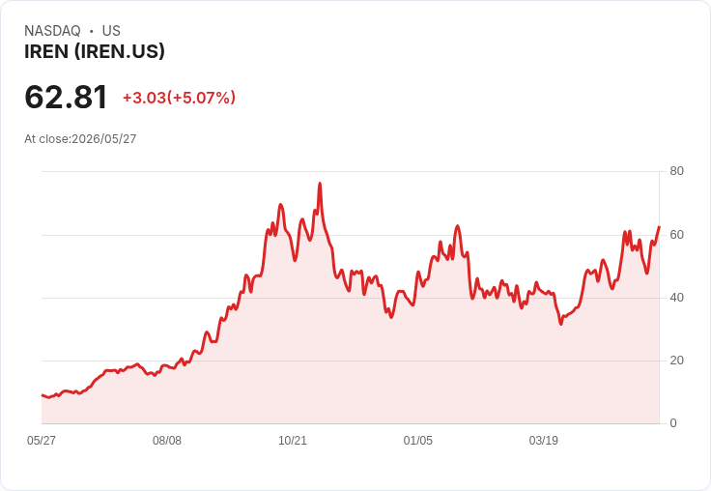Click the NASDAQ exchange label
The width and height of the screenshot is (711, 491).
click(52, 31)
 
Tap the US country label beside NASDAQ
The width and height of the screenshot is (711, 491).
click(111, 31)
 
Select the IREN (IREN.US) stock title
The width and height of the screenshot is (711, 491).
click(95, 52)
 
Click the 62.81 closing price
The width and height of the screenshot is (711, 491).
click(66, 97)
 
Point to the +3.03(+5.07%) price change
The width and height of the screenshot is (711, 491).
click(179, 98)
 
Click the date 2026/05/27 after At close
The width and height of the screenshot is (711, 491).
click(103, 139)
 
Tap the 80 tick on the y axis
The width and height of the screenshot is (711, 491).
click(677, 171)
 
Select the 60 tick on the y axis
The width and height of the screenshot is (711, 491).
click(677, 235)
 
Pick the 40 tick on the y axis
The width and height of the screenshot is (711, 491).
click(677, 298)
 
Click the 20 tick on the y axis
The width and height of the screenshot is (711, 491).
click(677, 361)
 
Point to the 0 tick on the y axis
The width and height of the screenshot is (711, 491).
click(673, 423)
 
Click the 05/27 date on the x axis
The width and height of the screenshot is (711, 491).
click(42, 441)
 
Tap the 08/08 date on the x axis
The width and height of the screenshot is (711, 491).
click(167, 441)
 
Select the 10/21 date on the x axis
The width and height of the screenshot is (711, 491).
click(293, 441)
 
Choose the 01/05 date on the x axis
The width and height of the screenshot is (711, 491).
click(418, 441)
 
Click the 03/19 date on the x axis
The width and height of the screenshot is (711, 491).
click(543, 441)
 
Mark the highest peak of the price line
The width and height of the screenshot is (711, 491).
click(320, 184)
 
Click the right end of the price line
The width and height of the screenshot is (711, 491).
click(659, 227)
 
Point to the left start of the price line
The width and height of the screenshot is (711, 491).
click(42, 395)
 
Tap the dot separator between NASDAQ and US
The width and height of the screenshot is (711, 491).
click(91, 31)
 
